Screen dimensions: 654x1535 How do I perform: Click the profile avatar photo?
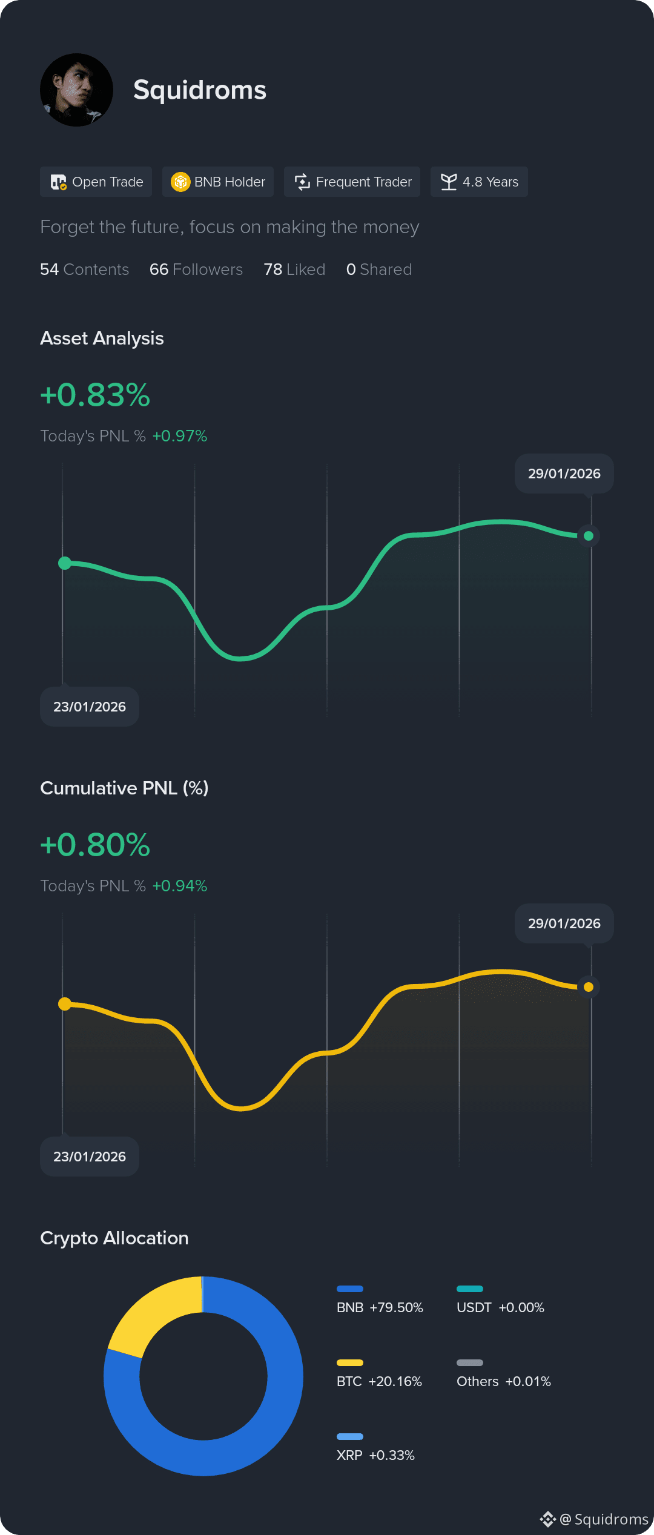(76, 90)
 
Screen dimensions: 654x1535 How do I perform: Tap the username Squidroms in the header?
(200, 90)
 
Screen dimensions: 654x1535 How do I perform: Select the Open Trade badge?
(96, 182)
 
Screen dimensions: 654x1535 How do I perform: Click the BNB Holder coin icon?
(180, 182)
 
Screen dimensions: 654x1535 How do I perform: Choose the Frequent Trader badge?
(352, 182)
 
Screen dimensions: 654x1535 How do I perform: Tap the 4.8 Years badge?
(479, 182)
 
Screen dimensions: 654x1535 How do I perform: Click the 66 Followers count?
(196, 269)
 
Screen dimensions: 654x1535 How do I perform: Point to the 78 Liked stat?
(294, 269)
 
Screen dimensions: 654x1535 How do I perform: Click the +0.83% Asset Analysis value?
(95, 395)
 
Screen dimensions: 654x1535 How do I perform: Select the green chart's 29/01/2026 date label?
(564, 474)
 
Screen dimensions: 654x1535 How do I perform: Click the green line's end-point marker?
(588, 536)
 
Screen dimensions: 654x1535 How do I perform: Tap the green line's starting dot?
(65, 563)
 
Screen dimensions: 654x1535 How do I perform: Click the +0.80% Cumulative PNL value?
(95, 845)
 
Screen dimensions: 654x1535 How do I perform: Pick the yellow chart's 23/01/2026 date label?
(90, 1157)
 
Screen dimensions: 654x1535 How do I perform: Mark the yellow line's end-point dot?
(588, 987)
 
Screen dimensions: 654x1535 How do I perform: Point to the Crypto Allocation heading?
(114, 1238)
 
